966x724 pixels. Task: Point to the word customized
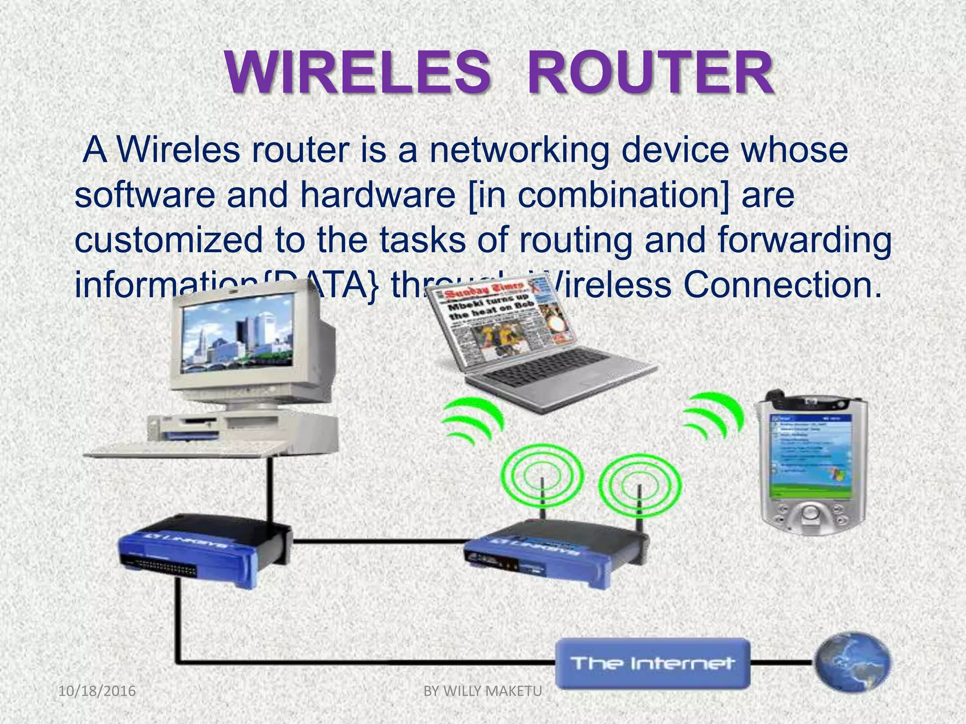[x=168, y=239]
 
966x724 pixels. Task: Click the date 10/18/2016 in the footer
[x=97, y=691]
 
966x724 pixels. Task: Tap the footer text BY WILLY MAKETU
[x=483, y=691]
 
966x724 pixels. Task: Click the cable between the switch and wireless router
[x=377, y=541]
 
